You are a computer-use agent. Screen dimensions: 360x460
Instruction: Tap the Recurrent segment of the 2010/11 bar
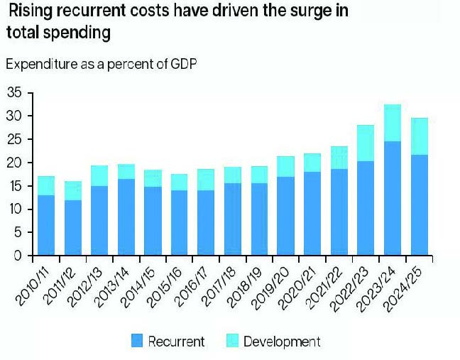tap(45, 225)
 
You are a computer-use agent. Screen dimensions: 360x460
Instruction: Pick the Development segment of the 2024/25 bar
tap(419, 136)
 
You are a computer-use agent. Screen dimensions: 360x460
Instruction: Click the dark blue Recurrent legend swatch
tap(136, 342)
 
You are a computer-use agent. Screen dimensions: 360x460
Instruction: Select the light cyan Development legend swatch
tap(231, 342)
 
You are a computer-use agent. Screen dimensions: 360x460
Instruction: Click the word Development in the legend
tap(282, 342)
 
